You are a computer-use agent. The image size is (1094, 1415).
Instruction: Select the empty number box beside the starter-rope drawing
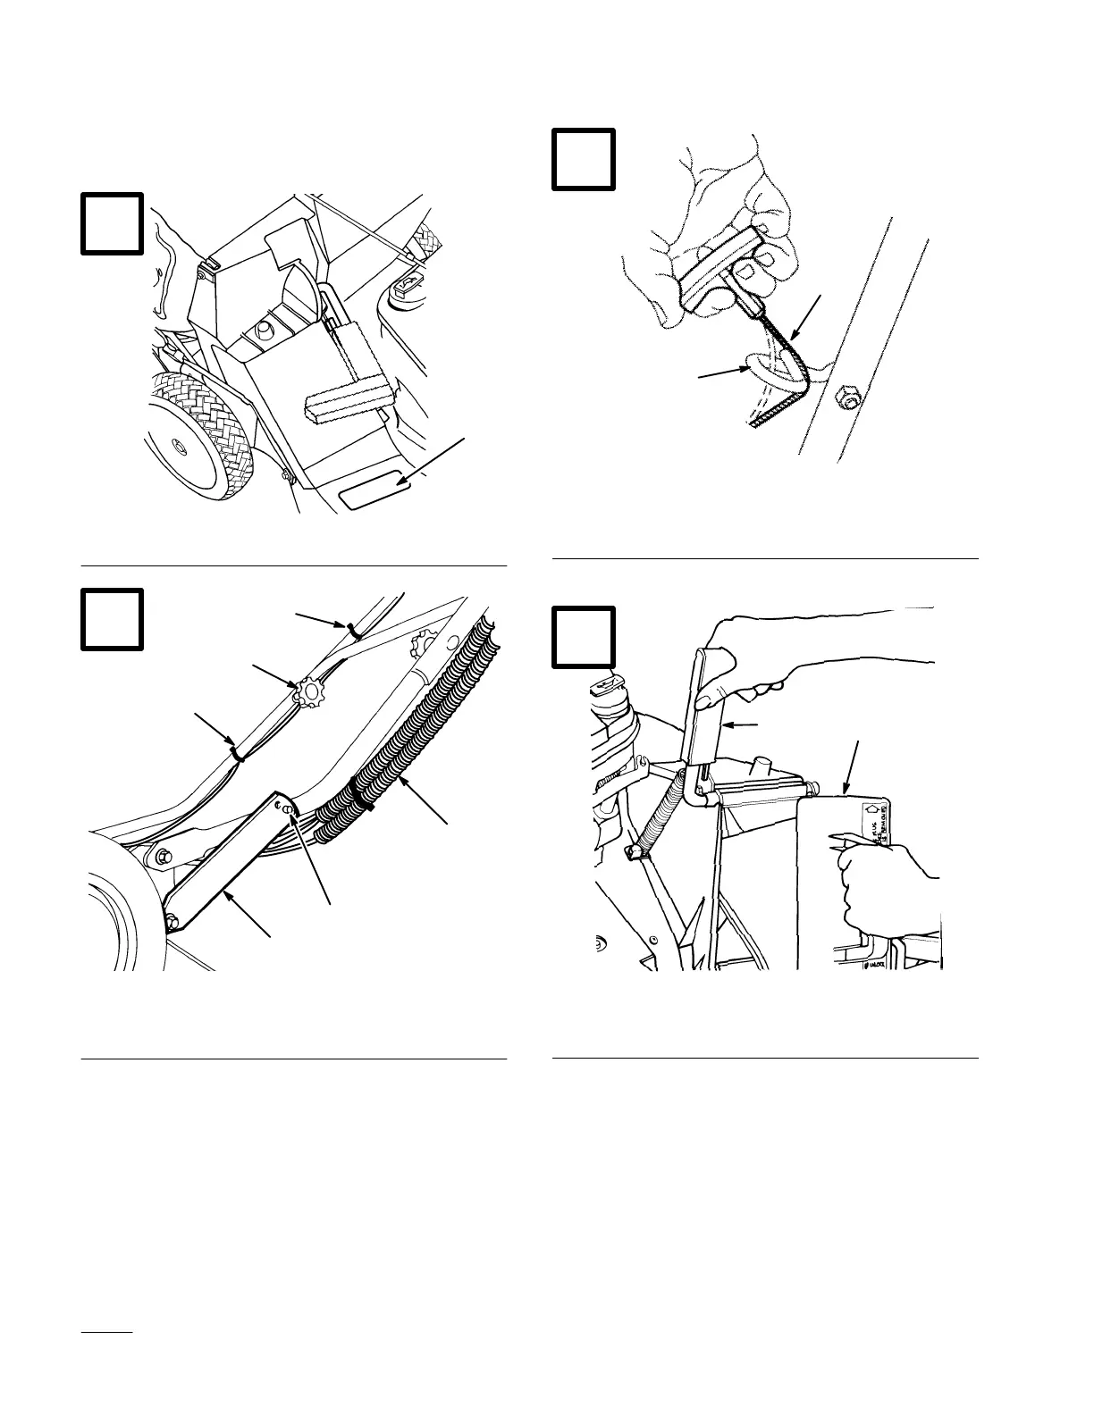click(583, 159)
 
